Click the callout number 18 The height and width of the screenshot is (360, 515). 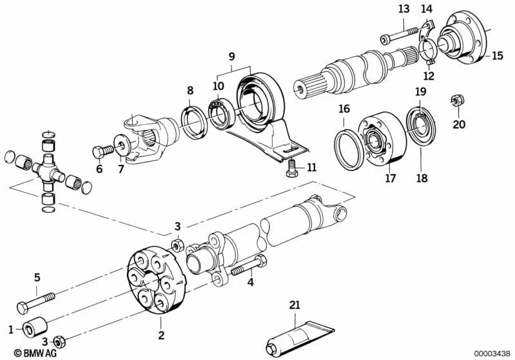[421, 178]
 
